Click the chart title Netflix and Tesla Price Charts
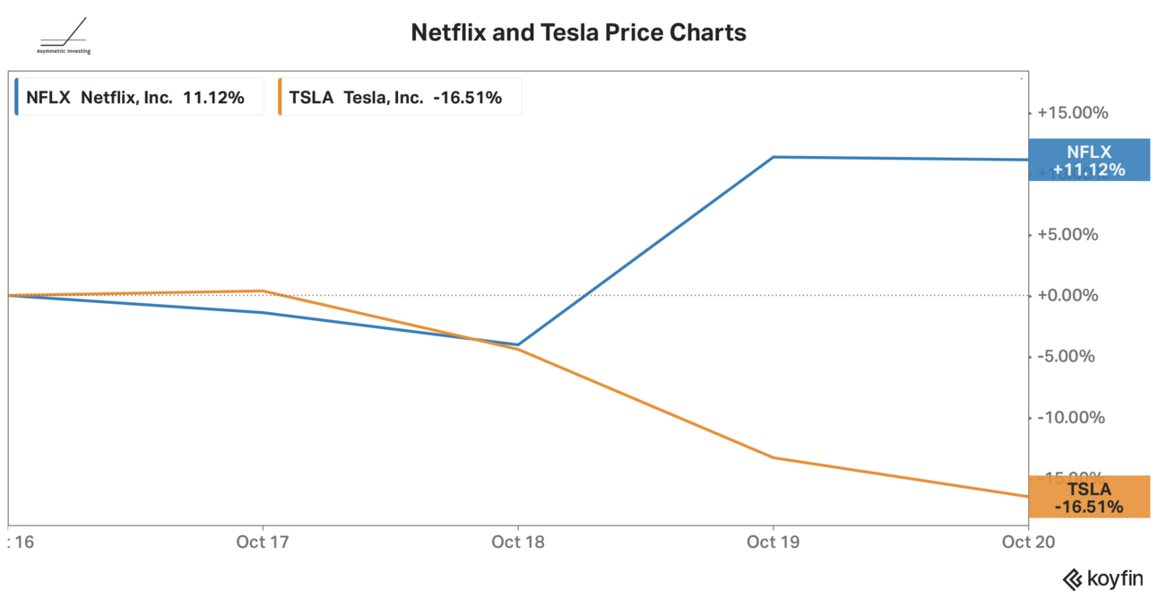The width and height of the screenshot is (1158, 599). point(578,33)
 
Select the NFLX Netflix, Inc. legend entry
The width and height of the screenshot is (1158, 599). point(136,98)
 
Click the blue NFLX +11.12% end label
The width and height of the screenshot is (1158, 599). point(1089,161)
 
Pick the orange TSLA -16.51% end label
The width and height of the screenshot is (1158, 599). point(1089,498)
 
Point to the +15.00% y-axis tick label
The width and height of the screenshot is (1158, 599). point(1072,113)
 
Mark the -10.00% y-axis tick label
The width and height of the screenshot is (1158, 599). point(1072,417)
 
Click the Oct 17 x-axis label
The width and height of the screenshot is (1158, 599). point(263,542)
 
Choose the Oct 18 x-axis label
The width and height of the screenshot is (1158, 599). point(518,542)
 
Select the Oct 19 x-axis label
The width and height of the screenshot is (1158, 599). point(773,542)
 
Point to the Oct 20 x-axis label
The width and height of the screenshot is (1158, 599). point(1028,542)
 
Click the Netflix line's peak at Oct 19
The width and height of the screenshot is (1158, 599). point(773,157)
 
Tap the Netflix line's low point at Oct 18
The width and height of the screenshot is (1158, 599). point(518,344)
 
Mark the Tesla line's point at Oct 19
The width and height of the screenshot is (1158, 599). point(773,457)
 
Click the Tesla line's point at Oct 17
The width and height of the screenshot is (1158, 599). point(263,291)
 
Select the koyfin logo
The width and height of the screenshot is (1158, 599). point(1103,578)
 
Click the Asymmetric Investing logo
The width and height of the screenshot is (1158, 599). point(64,37)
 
